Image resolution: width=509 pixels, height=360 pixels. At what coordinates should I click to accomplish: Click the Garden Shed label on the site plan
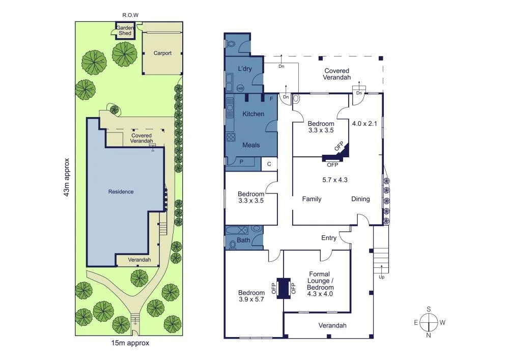coord(125,30)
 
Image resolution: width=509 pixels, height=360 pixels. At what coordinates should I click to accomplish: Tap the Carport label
coord(163,53)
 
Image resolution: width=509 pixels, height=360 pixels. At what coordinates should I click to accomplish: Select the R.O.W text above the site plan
coord(130,16)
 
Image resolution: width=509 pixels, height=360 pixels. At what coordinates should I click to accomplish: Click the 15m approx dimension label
coord(130,343)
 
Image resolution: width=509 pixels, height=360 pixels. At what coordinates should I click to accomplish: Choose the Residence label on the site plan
coord(121,191)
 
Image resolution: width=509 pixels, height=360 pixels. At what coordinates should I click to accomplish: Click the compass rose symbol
coord(429,322)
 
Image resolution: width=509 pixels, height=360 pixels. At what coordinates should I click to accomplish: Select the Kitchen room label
coord(253,114)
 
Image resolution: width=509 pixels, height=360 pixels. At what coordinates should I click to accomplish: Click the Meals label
coord(251,145)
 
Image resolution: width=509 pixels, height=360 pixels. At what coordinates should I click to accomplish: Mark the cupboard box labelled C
coord(269,164)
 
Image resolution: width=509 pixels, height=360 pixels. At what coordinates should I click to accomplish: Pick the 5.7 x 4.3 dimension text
coord(335,179)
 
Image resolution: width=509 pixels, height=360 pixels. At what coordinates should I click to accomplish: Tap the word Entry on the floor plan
coord(329,238)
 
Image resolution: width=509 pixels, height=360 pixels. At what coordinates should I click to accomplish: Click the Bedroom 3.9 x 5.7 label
coord(251,296)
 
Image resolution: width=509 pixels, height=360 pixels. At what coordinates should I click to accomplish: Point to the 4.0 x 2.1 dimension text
coord(365,123)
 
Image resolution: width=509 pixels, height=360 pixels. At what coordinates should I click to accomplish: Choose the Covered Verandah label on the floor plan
coord(336,74)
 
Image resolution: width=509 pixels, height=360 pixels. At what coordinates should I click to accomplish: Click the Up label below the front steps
coord(382,277)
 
